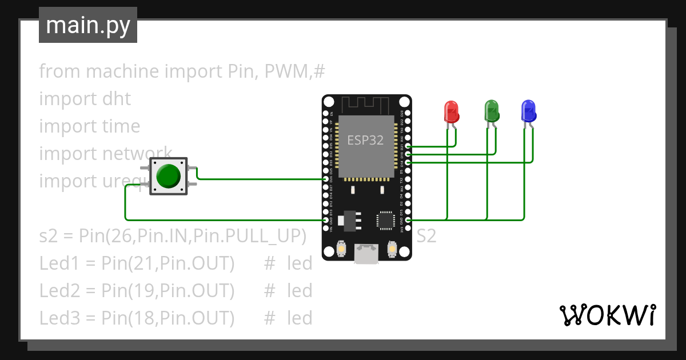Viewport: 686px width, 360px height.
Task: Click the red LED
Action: (452, 111)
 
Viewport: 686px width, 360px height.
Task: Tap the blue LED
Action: (529, 110)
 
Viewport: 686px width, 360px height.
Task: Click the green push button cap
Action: (169, 176)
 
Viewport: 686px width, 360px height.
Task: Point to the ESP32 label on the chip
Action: (365, 140)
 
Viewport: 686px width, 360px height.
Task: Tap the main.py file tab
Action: (88, 25)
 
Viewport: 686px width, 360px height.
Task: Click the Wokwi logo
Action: (607, 315)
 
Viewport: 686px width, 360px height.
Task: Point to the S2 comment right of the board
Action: (426, 236)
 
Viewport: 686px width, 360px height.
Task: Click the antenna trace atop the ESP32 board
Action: (366, 105)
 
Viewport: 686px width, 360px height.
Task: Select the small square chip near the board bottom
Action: (385, 221)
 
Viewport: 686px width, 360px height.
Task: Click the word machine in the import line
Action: (122, 71)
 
